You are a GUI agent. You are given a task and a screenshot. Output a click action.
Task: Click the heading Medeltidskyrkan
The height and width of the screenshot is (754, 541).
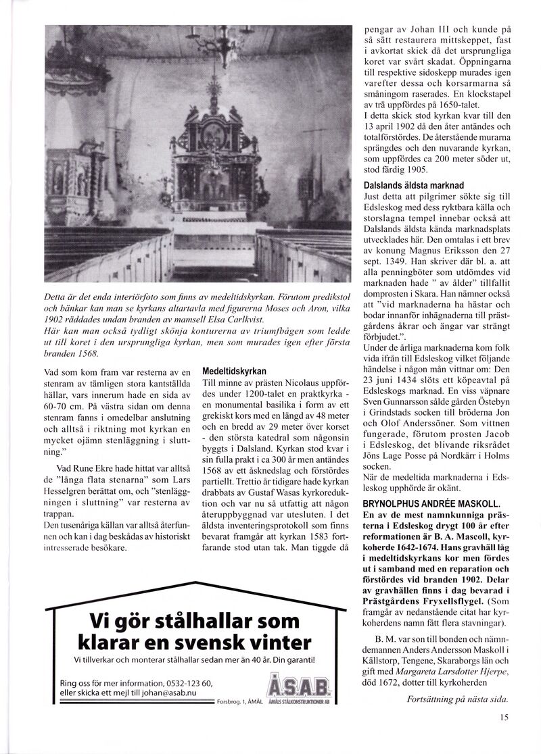coord(234,372)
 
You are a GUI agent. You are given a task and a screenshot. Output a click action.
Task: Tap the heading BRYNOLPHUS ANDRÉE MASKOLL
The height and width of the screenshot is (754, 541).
coord(431,503)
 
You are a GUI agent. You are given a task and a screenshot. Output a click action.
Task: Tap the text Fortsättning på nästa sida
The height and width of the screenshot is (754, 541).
coord(456,699)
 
